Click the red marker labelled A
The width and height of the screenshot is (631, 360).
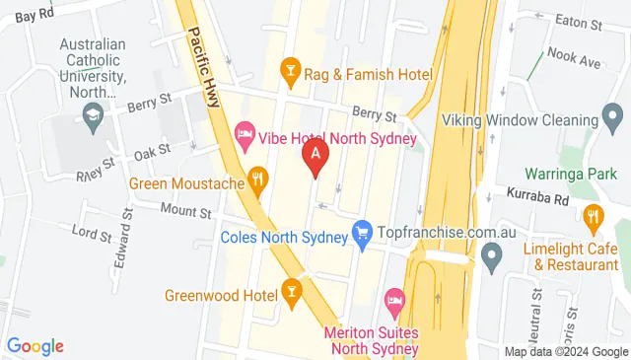point(315,156)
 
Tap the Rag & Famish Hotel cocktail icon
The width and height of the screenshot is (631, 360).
point(290,68)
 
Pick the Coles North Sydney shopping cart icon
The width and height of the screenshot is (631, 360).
point(362,231)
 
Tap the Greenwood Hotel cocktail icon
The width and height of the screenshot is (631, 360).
point(291,290)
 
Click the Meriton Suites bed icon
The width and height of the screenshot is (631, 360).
point(394,299)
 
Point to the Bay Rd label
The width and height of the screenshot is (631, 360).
point(34,15)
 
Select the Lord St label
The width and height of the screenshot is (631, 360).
point(92,234)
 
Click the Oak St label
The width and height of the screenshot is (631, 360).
point(153,150)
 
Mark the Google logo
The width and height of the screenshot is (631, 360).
point(35,346)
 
